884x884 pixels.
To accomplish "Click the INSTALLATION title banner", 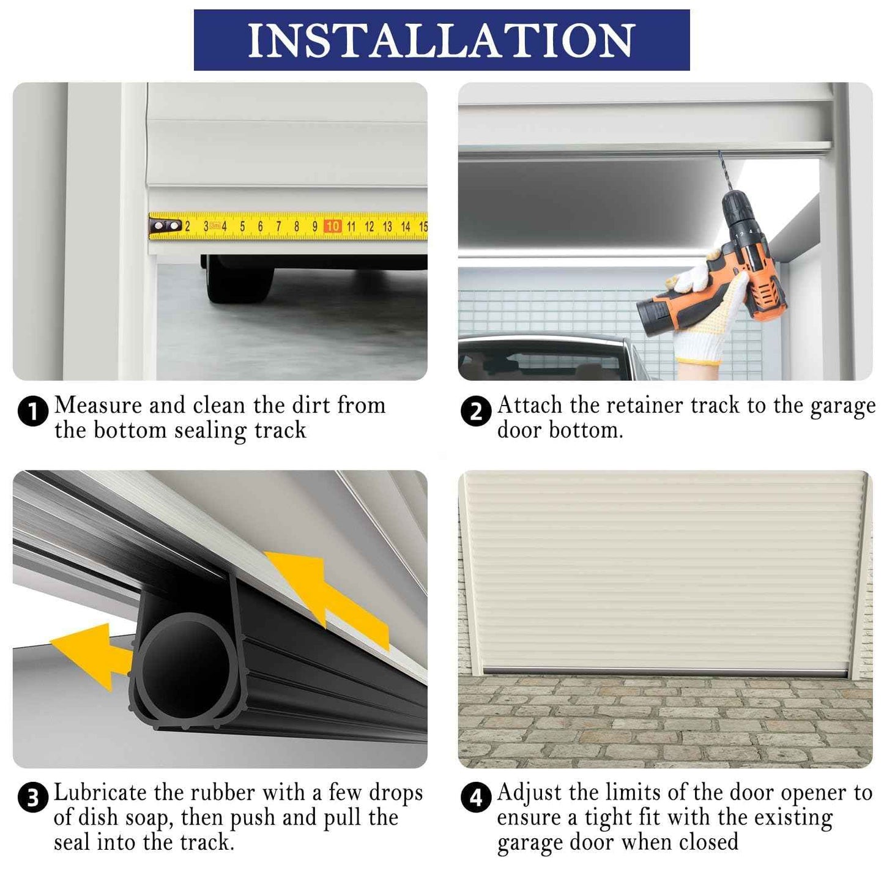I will click(x=442, y=40).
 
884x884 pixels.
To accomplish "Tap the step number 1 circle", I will click(x=33, y=411).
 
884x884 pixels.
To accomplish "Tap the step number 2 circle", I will click(x=475, y=411).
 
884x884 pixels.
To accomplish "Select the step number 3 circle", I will click(x=33, y=798).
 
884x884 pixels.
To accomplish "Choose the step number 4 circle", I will click(x=475, y=798).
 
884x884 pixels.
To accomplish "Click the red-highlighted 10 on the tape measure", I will click(x=333, y=226).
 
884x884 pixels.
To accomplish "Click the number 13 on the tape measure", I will click(x=387, y=226).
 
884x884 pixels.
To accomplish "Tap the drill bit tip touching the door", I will click(x=721, y=154).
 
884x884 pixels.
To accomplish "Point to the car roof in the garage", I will click(x=544, y=340).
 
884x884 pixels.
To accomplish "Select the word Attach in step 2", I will click(x=529, y=406).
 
